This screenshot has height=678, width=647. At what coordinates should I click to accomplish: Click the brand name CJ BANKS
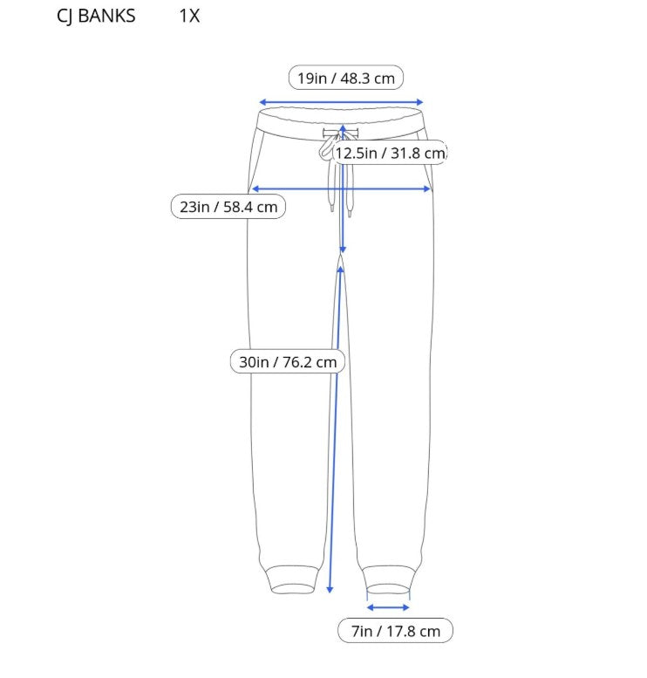point(96,17)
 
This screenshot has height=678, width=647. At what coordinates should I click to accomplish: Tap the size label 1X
point(189,16)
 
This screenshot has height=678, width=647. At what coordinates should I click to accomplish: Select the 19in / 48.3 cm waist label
point(346,79)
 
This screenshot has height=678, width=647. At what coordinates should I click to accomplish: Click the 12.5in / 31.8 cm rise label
point(390,153)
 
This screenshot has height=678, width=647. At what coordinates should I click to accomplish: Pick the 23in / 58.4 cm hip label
point(228,207)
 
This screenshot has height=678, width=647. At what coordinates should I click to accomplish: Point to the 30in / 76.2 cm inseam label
point(288,361)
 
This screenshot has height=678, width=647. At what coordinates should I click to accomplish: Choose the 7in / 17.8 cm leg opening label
point(396,631)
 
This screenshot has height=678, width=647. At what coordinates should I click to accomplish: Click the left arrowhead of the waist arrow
point(262,102)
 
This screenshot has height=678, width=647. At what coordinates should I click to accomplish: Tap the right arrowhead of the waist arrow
point(419,102)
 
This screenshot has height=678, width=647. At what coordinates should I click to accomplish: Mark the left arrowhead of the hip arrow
point(255,189)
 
